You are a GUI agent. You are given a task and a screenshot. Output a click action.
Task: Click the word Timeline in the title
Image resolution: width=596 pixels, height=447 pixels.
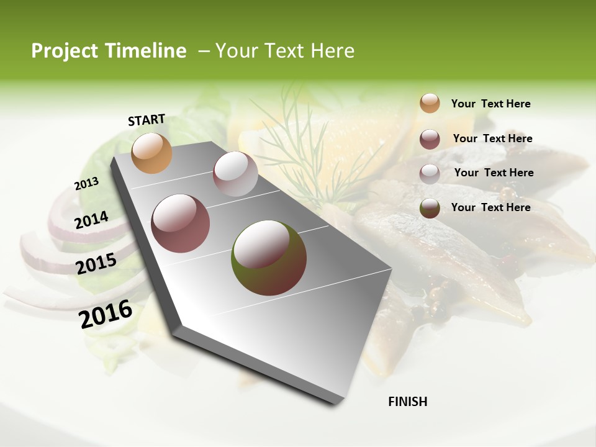pyautogui.click(x=142, y=51)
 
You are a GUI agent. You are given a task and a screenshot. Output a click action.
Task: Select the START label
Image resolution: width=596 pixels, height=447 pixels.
pyautogui.click(x=147, y=120)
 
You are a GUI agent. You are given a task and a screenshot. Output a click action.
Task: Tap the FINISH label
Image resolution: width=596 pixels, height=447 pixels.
pyautogui.click(x=407, y=402)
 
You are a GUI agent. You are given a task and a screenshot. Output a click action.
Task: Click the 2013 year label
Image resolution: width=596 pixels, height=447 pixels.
pyautogui.click(x=86, y=184)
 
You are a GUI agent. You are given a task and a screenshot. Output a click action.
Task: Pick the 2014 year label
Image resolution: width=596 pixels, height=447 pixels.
pyautogui.click(x=91, y=220)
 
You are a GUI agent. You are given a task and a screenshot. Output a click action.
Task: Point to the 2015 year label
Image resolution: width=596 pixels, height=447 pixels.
pyautogui.click(x=96, y=264)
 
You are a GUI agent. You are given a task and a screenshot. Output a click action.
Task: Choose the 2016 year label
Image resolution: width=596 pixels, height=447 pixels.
pyautogui.click(x=106, y=314)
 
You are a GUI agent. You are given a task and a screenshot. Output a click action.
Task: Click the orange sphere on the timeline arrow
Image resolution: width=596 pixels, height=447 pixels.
pyautogui.click(x=151, y=153)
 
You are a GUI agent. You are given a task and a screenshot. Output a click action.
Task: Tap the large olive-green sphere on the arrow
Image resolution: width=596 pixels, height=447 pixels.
pyautogui.click(x=269, y=258)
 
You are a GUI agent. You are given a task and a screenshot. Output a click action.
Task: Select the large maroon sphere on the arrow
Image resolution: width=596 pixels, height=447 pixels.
pyautogui.click(x=181, y=223)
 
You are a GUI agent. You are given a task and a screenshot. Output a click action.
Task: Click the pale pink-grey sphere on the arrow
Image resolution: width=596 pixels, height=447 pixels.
pyautogui.click(x=235, y=174)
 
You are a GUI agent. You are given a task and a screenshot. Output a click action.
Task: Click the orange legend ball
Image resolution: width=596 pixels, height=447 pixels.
pyautogui.click(x=430, y=103)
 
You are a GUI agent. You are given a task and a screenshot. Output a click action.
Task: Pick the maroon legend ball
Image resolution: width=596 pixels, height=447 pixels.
pyautogui.click(x=430, y=139)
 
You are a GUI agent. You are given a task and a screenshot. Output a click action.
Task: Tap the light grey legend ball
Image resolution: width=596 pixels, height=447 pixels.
pyautogui.click(x=430, y=173)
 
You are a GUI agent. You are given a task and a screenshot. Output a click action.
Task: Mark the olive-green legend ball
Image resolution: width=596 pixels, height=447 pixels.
pyautogui.click(x=430, y=208)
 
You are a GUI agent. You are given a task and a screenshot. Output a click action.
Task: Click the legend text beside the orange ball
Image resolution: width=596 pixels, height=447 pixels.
pyautogui.click(x=490, y=104)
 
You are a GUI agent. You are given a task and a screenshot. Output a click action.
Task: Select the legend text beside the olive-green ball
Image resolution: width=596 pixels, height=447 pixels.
pyautogui.click(x=490, y=207)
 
